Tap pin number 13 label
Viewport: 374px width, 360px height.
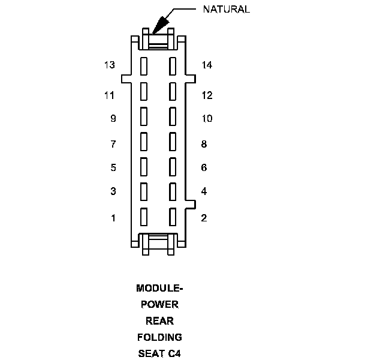point(109,65)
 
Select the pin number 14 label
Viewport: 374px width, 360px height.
point(207,65)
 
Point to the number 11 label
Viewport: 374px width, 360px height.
point(109,95)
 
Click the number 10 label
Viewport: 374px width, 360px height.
point(207,118)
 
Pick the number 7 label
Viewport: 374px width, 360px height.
point(113,144)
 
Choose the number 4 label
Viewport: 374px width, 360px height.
point(204,191)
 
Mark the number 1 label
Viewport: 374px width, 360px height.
point(113,218)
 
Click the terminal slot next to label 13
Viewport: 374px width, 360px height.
point(144,65)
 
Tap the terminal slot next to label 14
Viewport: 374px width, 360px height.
point(173,65)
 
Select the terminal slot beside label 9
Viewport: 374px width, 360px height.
point(144,116)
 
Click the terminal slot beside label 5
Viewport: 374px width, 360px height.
point(144,166)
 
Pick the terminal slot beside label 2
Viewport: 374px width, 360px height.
point(173,216)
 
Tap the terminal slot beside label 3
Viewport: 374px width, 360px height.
point(144,191)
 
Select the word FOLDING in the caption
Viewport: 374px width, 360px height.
point(158,337)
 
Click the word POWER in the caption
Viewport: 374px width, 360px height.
point(158,304)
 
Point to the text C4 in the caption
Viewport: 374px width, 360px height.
point(173,353)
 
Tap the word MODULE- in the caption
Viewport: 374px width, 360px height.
point(158,288)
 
